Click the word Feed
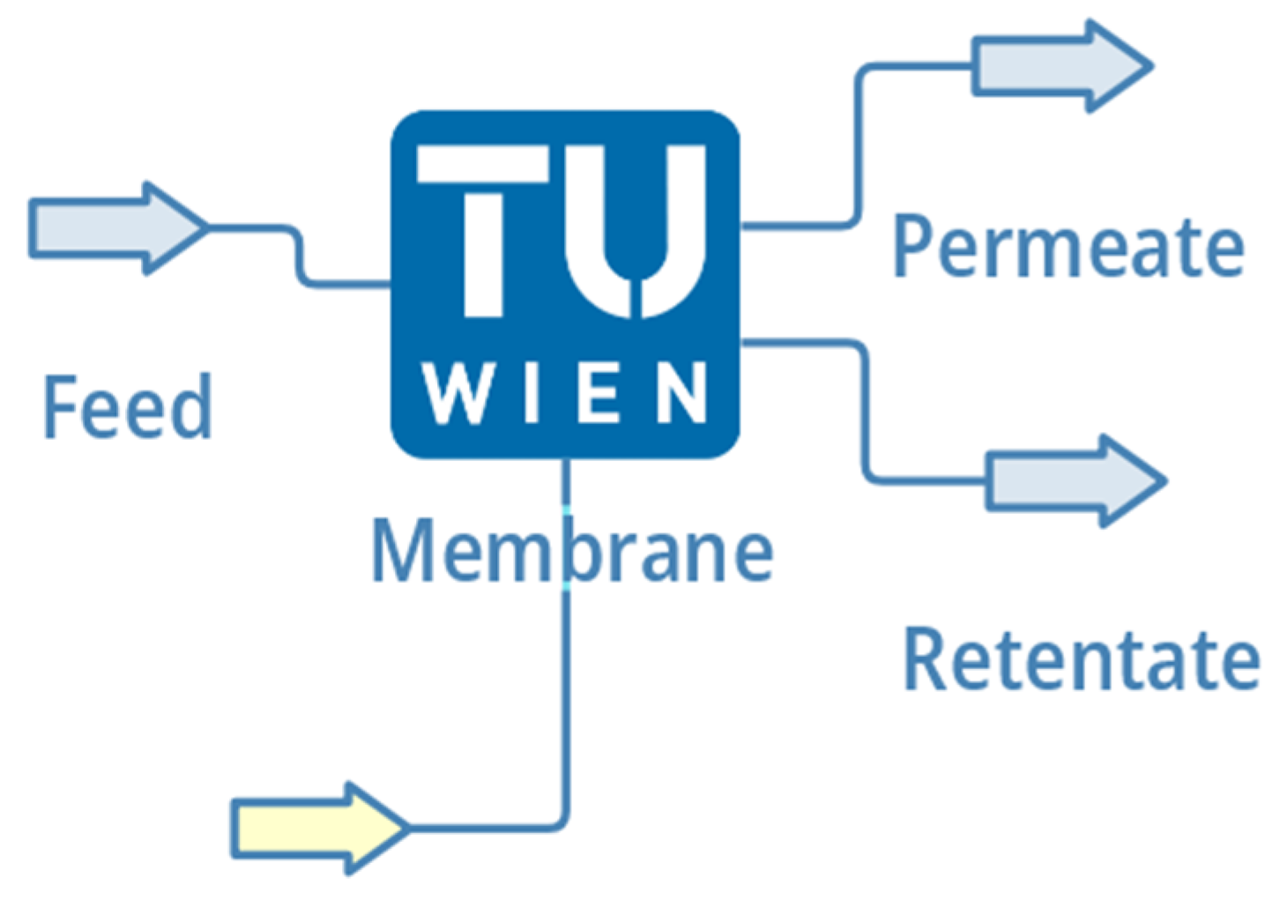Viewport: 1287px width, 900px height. pyautogui.click(x=128, y=406)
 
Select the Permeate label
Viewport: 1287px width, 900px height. pyautogui.click(x=1068, y=247)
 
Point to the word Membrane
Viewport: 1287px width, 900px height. pyautogui.click(x=571, y=551)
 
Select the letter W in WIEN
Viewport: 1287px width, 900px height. pyautogui.click(x=458, y=393)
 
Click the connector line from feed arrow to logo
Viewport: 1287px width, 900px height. pyautogui.click(x=300, y=256)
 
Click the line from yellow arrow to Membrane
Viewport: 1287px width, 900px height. pyautogui.click(x=565, y=705)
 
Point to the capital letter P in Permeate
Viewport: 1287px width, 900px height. pyautogui.click(x=913, y=247)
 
